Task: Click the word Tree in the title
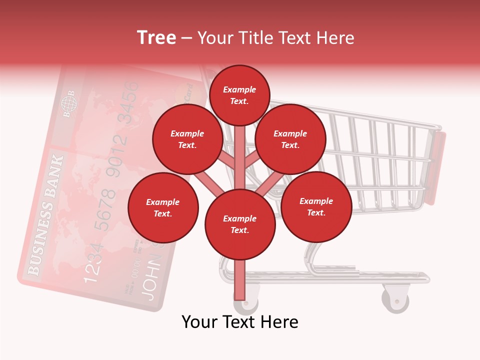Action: (x=156, y=37)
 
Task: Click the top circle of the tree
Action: (x=239, y=95)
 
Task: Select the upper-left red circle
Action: (x=187, y=139)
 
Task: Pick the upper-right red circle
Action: (x=290, y=139)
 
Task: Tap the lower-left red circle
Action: (x=163, y=207)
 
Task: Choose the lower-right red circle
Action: (x=316, y=206)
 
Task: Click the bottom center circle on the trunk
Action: (x=240, y=224)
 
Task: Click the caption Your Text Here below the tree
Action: (x=239, y=322)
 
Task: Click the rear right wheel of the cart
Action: (x=395, y=299)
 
